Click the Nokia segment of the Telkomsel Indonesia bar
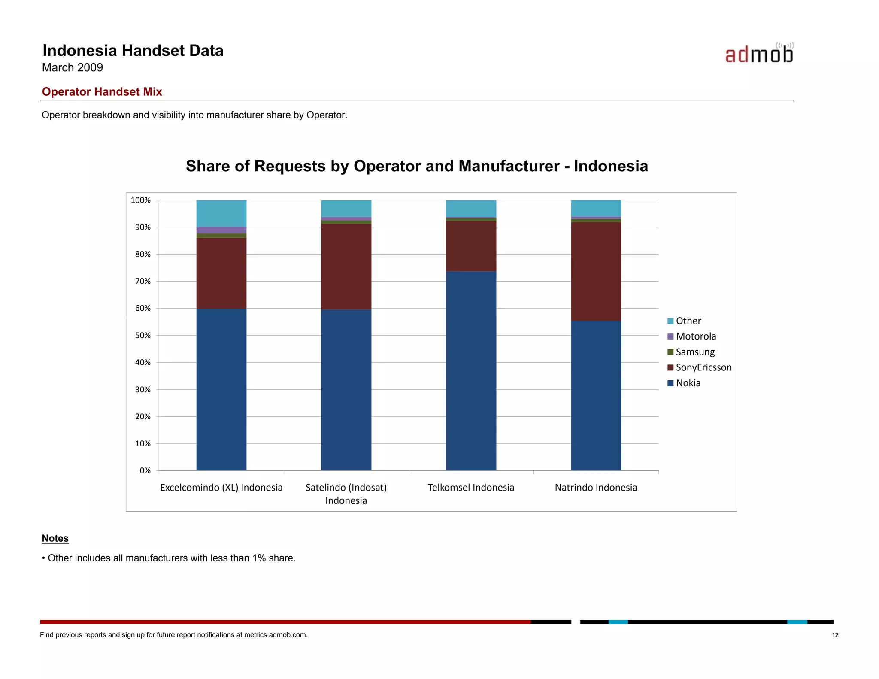click(x=471, y=371)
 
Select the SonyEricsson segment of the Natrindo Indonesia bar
click(x=596, y=271)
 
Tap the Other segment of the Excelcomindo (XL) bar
click(x=221, y=213)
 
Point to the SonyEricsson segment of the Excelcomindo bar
click(x=221, y=273)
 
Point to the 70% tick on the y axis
click(x=143, y=281)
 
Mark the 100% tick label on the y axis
click(x=141, y=200)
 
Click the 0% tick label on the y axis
click(x=145, y=470)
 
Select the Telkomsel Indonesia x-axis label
click(x=471, y=488)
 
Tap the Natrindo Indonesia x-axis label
click(x=596, y=488)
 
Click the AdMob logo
click(x=759, y=53)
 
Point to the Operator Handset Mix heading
click(x=102, y=92)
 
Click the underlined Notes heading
click(x=55, y=538)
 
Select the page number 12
click(x=835, y=635)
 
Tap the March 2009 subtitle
click(x=73, y=67)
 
